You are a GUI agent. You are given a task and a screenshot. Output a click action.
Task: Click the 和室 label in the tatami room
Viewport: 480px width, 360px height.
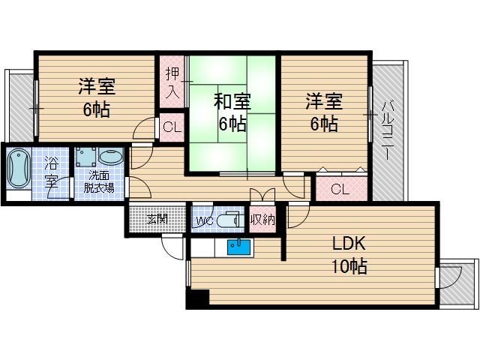232,100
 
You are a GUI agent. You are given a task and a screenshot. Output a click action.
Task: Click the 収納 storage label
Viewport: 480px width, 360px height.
262,220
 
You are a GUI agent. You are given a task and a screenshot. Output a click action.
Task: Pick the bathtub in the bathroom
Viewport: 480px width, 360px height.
17,170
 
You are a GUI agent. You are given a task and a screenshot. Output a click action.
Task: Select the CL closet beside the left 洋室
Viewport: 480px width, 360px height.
171,127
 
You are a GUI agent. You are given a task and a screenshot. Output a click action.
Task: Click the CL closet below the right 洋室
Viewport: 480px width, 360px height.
340,189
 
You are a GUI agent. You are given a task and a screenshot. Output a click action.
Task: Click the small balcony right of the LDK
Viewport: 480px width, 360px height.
457,284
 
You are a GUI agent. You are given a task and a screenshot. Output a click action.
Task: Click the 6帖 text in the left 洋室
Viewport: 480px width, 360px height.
96,109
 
